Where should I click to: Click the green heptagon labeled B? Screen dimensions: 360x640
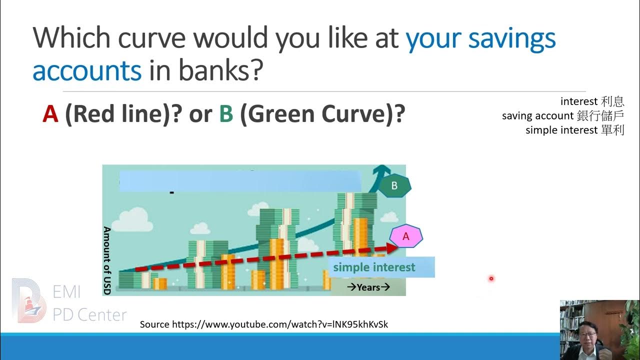point(394,186)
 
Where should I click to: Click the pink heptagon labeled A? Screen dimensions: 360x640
point(406,236)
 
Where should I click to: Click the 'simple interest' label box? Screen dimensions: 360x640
point(381,267)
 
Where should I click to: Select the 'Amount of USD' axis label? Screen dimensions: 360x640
point(106,260)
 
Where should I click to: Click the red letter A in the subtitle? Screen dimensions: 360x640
point(50,114)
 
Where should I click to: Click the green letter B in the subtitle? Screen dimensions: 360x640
point(226,114)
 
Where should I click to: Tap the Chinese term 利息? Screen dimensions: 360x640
point(612,101)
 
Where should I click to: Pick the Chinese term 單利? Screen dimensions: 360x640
point(612,130)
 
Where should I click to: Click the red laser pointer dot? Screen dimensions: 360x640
point(491,278)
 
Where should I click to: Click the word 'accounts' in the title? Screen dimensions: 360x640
point(87,71)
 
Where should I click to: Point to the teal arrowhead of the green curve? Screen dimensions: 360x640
point(383,170)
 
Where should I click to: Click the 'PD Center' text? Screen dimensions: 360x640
point(89,315)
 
